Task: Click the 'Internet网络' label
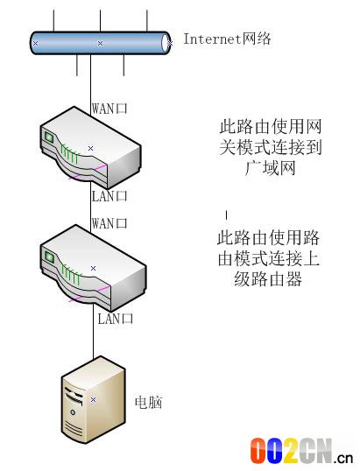click(x=227, y=39)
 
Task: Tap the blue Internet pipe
click(x=100, y=43)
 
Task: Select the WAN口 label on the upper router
click(x=109, y=109)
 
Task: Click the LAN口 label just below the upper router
click(x=109, y=196)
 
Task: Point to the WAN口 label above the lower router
click(x=109, y=223)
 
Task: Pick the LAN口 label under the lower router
click(x=115, y=319)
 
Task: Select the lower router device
click(x=93, y=268)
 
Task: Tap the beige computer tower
click(x=93, y=399)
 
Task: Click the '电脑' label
click(x=148, y=402)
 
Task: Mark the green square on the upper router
click(x=49, y=137)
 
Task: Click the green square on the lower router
click(x=49, y=257)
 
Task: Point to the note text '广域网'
click(x=270, y=168)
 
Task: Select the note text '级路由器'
click(x=268, y=279)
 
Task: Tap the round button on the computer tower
click(x=73, y=412)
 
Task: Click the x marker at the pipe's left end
click(x=35, y=43)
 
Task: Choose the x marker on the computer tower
click(x=93, y=399)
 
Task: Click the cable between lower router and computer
click(x=93, y=331)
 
